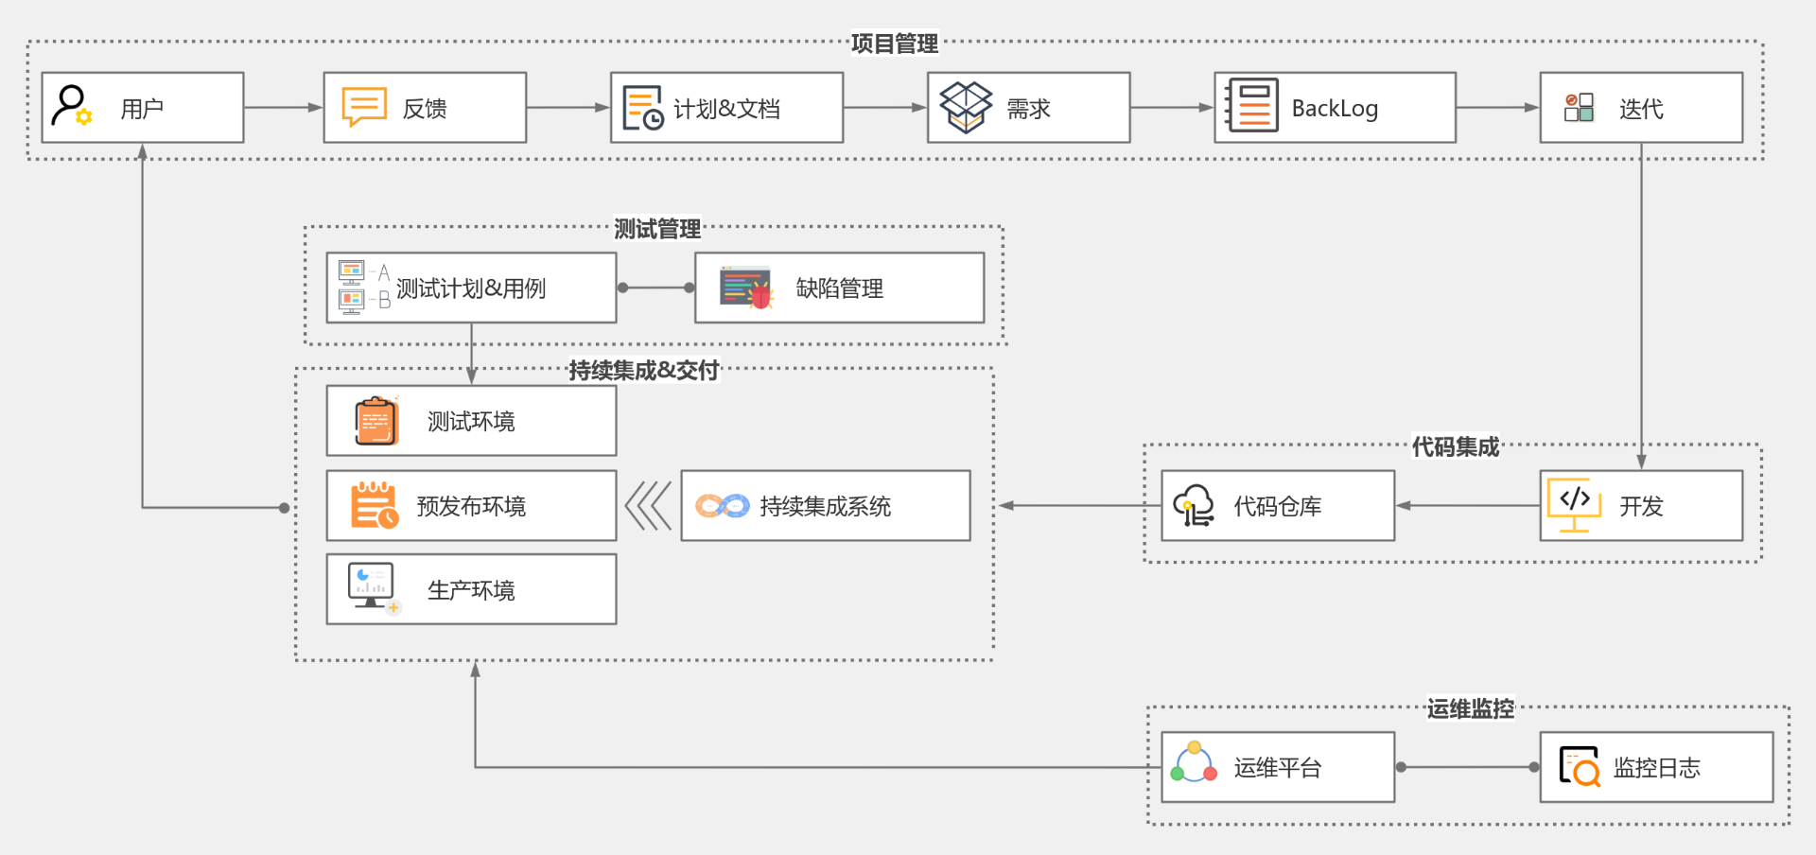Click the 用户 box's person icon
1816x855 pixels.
[71, 105]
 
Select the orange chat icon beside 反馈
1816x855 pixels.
[364, 107]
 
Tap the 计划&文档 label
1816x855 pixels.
[726, 109]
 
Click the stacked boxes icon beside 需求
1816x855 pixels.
[966, 107]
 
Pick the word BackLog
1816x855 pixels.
[1335, 109]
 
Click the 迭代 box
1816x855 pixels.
[1641, 108]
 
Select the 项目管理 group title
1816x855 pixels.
[894, 44]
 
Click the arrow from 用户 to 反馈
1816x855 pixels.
[284, 108]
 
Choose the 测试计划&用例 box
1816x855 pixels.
[471, 288]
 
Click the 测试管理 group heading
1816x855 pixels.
[657, 229]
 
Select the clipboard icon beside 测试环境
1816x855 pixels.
[376, 421]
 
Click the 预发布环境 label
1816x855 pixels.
[471, 506]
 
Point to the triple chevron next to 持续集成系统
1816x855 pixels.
[648, 506]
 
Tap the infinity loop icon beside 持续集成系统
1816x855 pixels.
[723, 506]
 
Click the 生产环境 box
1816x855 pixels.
[471, 589]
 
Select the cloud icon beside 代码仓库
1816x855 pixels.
[1194, 506]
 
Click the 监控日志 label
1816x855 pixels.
[1656, 768]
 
